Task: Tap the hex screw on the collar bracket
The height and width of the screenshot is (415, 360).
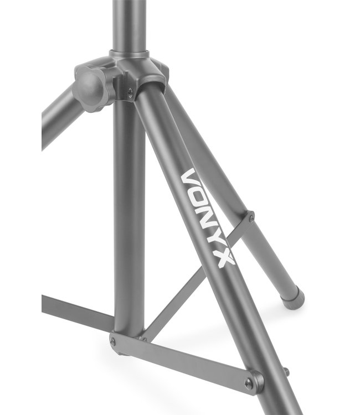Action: [130, 92]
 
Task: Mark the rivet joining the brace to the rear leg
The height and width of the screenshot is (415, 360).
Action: [251, 218]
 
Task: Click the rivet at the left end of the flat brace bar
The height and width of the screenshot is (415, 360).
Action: [114, 342]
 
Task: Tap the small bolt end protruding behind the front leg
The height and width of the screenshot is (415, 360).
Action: [285, 371]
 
